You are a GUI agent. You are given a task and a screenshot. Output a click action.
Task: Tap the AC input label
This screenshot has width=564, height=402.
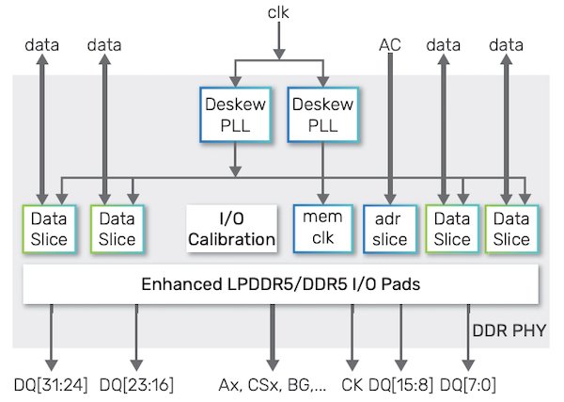click(390, 44)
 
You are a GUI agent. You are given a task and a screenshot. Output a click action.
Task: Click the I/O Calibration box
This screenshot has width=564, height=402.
click(231, 229)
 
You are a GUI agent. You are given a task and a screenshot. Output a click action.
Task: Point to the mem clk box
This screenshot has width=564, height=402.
click(321, 229)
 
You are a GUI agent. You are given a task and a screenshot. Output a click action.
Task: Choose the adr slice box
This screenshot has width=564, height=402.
click(389, 229)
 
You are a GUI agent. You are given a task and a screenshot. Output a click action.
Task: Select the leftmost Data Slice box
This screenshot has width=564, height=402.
click(49, 229)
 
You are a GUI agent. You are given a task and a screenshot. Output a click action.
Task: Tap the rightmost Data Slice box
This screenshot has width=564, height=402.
click(511, 229)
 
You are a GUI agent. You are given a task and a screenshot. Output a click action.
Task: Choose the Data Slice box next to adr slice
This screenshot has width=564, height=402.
click(451, 229)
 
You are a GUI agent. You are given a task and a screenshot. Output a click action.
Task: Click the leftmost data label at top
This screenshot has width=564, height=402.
click(41, 44)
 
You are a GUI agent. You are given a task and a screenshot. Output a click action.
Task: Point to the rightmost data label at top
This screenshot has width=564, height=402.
click(506, 44)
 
